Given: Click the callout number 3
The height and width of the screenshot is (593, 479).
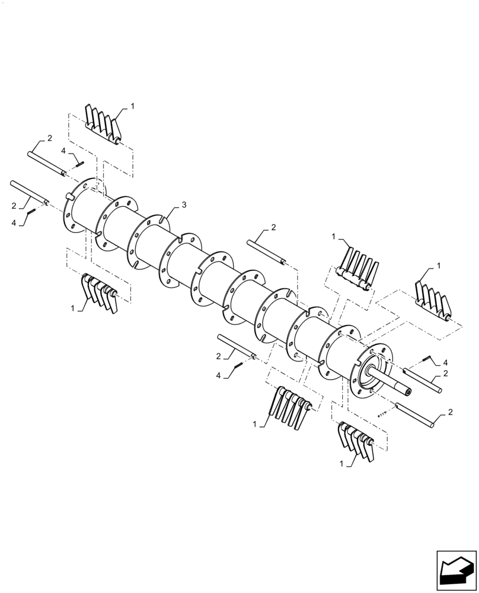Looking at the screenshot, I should coord(184,205).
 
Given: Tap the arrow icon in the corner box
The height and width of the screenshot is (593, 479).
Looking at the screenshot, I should coord(456,570).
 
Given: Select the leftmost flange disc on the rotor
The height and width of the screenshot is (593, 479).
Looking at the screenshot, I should coord(81,207).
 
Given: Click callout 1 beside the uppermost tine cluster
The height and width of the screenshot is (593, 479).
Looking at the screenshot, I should coord(132,106).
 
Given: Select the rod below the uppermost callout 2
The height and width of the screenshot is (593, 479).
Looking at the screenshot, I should coord(46,164).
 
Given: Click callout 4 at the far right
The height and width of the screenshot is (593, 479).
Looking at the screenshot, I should coord(445,362).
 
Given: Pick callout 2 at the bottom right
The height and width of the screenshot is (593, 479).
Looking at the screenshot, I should coord(452,412).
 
